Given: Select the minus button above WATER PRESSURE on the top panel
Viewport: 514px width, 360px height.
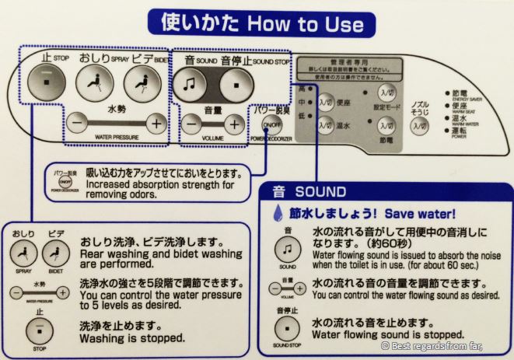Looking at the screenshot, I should (75, 124).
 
